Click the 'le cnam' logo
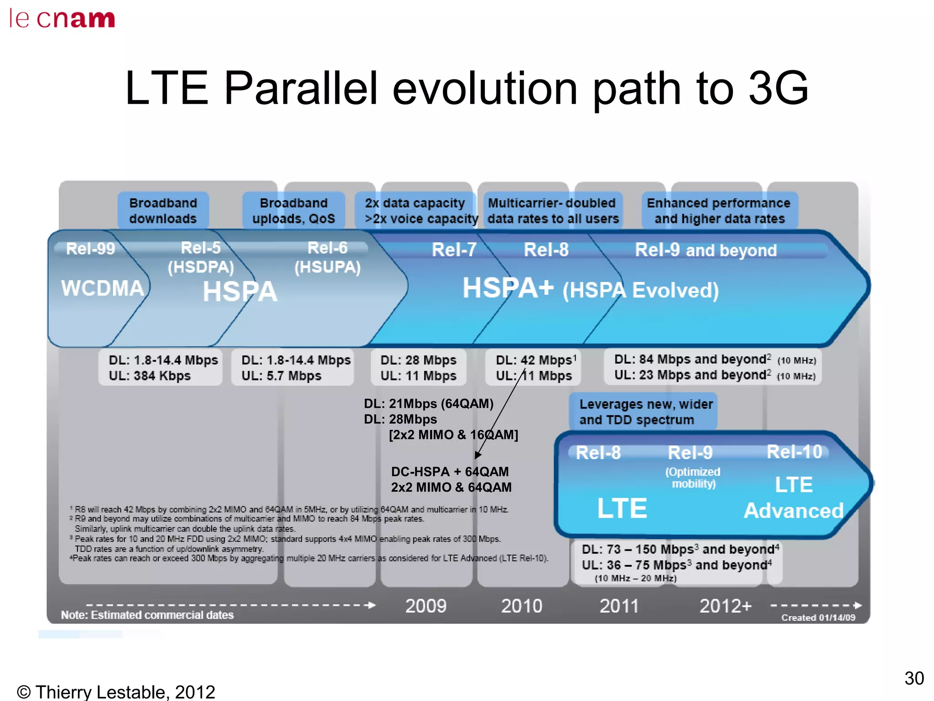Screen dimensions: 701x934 (62, 19)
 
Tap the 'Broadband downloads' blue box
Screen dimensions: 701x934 (163, 210)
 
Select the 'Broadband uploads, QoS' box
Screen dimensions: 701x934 (293, 210)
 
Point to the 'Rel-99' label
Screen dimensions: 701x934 (90, 249)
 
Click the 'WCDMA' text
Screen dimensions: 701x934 (103, 288)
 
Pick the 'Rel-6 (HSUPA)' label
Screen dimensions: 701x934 (327, 257)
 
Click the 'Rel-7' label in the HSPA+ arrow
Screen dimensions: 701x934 (454, 250)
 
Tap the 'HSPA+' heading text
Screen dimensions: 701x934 (508, 288)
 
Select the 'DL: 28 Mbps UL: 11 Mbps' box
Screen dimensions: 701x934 (418, 367)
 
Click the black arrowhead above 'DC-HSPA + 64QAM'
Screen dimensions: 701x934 (477, 455)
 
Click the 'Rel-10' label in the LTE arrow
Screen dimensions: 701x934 (794, 452)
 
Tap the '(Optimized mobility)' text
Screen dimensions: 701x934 (693, 477)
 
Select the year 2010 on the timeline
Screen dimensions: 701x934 (521, 606)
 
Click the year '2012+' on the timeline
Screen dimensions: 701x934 (725, 606)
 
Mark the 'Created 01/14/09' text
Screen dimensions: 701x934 (818, 617)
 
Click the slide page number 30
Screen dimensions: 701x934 (914, 678)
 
